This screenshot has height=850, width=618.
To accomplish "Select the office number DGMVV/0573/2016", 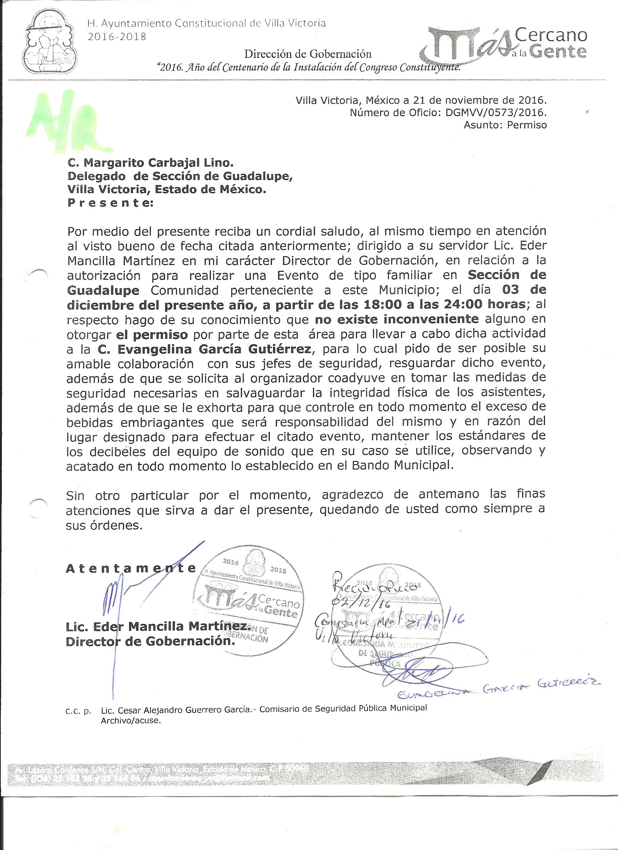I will [x=495, y=113].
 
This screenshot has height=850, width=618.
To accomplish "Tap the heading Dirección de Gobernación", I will [x=308, y=54].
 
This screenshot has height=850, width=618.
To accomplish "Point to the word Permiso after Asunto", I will [x=526, y=125].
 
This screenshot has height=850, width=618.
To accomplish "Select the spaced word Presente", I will [x=110, y=203].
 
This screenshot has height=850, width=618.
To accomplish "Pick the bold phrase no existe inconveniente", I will [x=397, y=319].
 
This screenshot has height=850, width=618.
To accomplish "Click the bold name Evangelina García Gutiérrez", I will [x=204, y=349].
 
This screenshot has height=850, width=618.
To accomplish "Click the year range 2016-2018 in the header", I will [x=116, y=37].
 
